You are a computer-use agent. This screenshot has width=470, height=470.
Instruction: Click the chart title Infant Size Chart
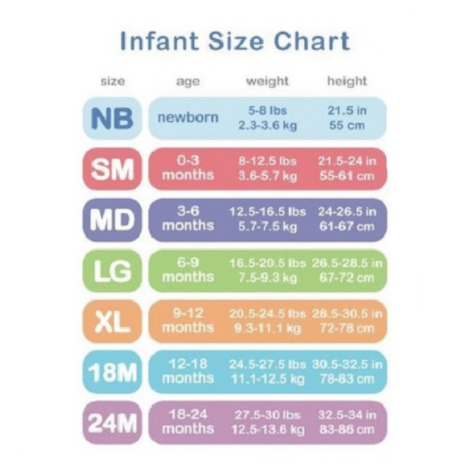[x=234, y=42]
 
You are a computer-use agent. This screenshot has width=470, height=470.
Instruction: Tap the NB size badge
[x=112, y=118]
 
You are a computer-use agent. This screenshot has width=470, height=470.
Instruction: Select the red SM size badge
[x=112, y=169]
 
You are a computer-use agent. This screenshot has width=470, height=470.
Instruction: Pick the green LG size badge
[x=112, y=271]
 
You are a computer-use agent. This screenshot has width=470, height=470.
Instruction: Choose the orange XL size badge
[x=112, y=322]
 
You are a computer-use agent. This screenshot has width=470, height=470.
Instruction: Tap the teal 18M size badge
[x=112, y=372]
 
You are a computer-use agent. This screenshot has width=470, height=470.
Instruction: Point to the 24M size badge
[x=112, y=423]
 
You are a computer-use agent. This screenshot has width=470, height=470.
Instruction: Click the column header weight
[x=267, y=81]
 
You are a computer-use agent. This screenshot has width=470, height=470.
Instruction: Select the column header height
[x=347, y=81]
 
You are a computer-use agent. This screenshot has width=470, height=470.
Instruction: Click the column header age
[x=188, y=82]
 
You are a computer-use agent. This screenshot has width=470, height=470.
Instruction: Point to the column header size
[x=112, y=81]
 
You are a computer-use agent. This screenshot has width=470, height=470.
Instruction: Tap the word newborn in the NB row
[x=188, y=117]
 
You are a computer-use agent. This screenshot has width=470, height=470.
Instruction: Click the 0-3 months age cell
[x=188, y=169]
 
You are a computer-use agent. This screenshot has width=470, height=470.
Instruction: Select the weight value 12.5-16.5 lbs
[x=267, y=211]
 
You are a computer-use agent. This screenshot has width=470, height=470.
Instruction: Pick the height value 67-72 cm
[x=347, y=277]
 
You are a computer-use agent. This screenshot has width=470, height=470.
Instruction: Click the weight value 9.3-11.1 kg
[x=267, y=328]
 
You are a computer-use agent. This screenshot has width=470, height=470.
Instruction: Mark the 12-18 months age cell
[x=188, y=371]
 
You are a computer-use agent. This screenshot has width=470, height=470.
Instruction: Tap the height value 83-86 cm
[x=347, y=430]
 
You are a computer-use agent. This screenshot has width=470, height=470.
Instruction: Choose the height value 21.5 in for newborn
[x=347, y=110]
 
